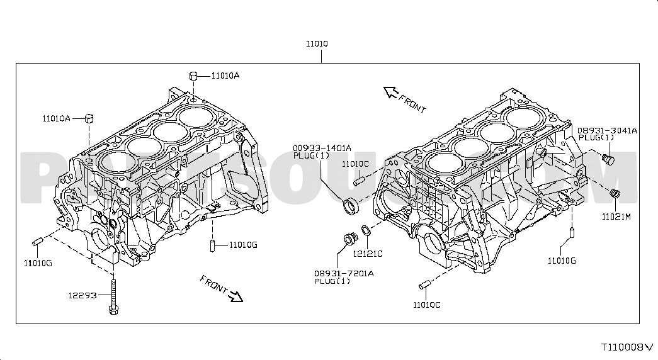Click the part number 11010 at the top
317,43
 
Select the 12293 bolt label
82,295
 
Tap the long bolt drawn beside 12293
113,297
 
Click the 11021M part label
616,217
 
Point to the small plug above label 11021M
615,194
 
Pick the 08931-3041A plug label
607,130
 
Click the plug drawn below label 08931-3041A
608,159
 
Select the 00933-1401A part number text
322,148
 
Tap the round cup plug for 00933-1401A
351,206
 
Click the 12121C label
368,254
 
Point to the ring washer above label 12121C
366,230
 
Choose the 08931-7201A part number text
344,274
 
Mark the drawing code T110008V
627,347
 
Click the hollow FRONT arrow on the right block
391,92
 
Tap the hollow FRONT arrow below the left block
236,296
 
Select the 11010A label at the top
225,76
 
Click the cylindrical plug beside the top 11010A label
193,76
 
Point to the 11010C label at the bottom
426,305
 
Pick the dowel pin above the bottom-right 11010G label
572,232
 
